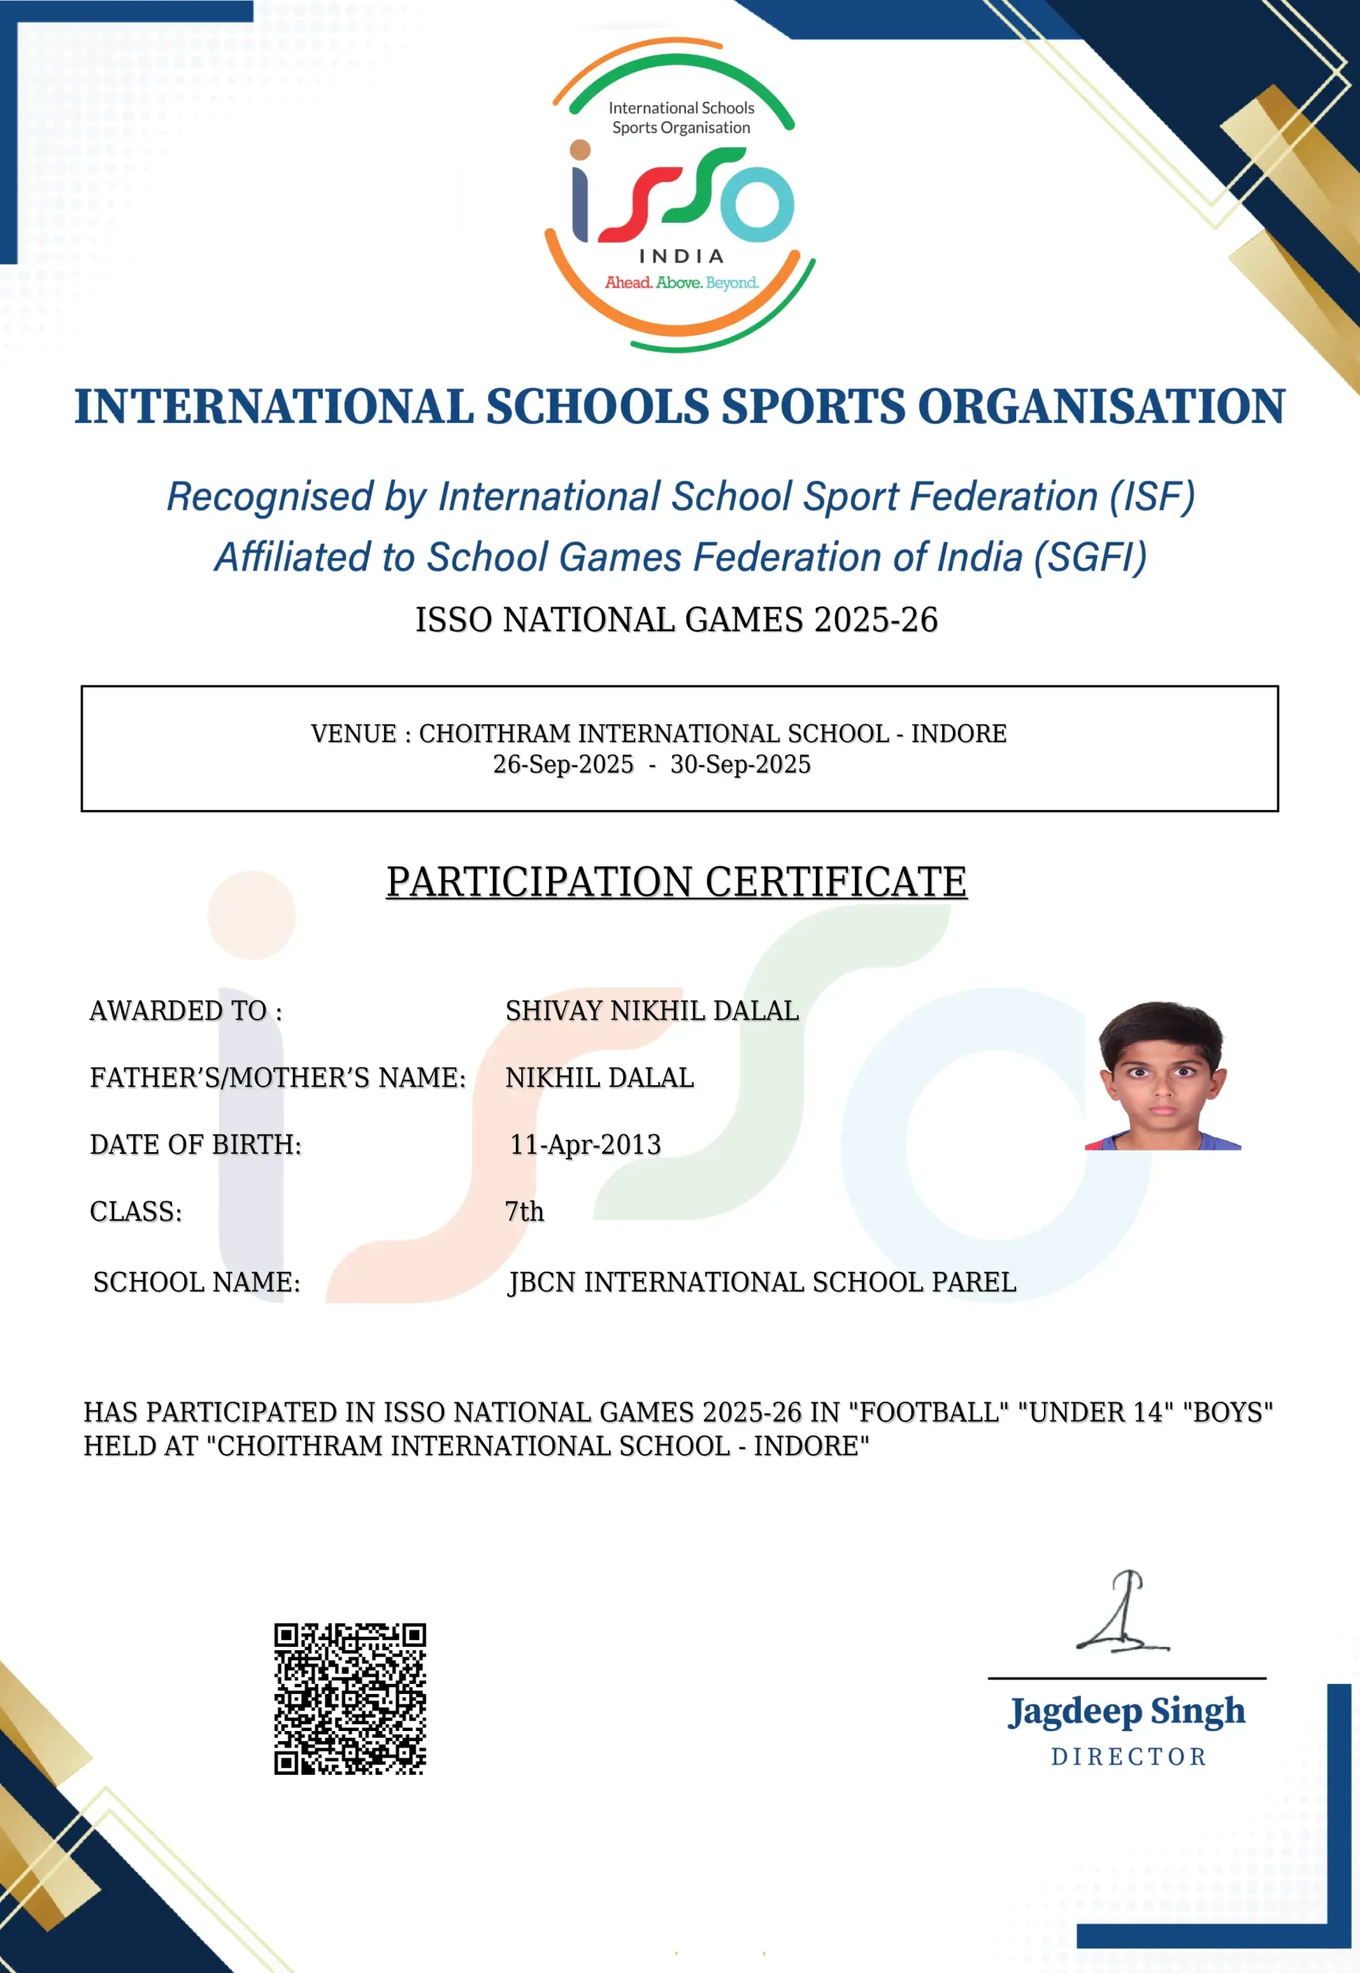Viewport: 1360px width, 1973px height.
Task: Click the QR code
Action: [x=349, y=1699]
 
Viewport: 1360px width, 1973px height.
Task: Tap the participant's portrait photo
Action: [x=1163, y=1076]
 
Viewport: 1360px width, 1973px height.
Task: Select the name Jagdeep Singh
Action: [x=1126, y=1713]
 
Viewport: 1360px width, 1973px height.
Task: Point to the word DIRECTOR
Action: [x=1128, y=1757]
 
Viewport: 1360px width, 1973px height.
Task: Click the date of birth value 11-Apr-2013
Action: [x=585, y=1144]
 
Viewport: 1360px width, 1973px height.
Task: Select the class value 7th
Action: [x=524, y=1212]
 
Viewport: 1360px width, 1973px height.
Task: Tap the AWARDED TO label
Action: [x=186, y=1010]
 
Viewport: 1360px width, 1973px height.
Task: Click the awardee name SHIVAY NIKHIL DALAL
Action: [x=652, y=1010]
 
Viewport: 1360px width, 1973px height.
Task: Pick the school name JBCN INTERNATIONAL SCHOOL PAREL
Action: [x=762, y=1282]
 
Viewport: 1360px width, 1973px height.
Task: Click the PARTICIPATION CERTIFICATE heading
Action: [x=677, y=881]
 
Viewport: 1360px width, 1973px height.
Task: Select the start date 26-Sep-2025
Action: [x=564, y=765]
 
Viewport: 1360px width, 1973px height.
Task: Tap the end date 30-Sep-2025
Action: [x=740, y=765]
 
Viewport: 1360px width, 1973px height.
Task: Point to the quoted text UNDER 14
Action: [x=1096, y=1413]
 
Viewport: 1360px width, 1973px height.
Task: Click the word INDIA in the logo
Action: [x=681, y=257]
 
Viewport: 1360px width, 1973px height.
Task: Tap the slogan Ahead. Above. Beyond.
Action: [x=682, y=283]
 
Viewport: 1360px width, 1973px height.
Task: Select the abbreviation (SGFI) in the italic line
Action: [x=1090, y=558]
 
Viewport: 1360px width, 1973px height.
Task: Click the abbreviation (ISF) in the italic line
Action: [x=1151, y=496]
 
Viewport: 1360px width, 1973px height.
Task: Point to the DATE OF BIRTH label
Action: [x=196, y=1144]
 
